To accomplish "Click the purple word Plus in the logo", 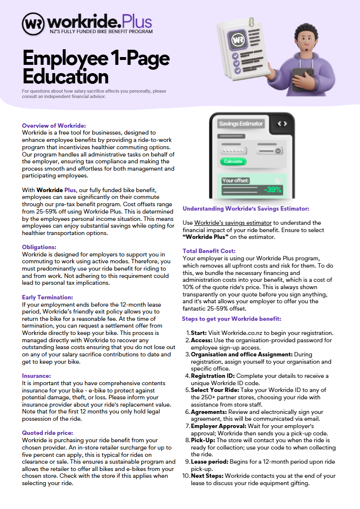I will tap(137, 21).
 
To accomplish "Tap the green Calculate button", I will tap(233, 161).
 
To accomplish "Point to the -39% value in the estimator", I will tap(272, 190).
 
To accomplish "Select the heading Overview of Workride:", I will tap(54, 126).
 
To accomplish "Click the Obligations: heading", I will tap(39, 247).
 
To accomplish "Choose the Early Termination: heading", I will tap(48, 297).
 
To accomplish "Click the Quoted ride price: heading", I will tap(48, 432).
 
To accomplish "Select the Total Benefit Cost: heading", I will tap(208, 251).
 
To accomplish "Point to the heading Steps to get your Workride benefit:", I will tap(232, 319).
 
